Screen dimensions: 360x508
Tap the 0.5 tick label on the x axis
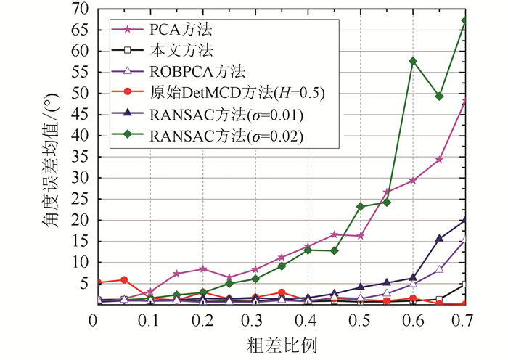tap(360, 319)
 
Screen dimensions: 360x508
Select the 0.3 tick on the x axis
tap(253, 319)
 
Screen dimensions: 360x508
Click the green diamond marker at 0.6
tap(413, 61)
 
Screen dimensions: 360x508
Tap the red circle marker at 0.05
tap(124, 279)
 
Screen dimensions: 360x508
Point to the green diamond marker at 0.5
tap(360, 206)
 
